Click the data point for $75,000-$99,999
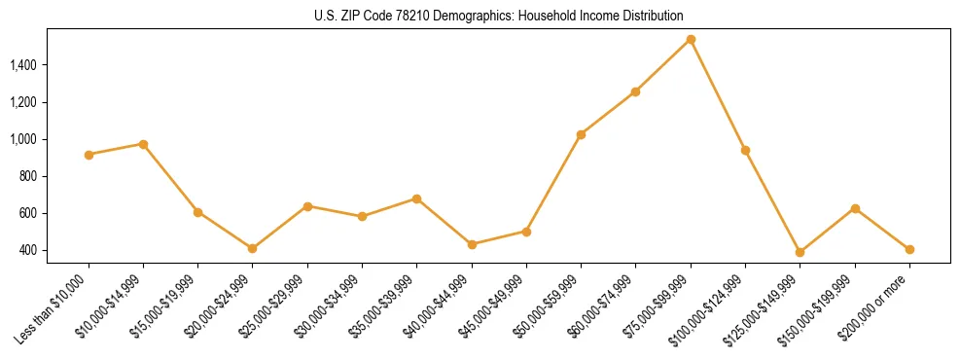coord(691,40)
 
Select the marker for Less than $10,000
coord(89,155)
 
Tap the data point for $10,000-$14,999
coord(143,144)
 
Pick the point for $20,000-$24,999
coord(253,249)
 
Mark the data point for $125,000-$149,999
coord(800,252)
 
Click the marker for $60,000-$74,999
coord(635,91)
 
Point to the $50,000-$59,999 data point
coord(581,134)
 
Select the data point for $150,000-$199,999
coord(855,208)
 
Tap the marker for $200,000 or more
coord(909,249)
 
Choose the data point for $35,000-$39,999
coord(416,198)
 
